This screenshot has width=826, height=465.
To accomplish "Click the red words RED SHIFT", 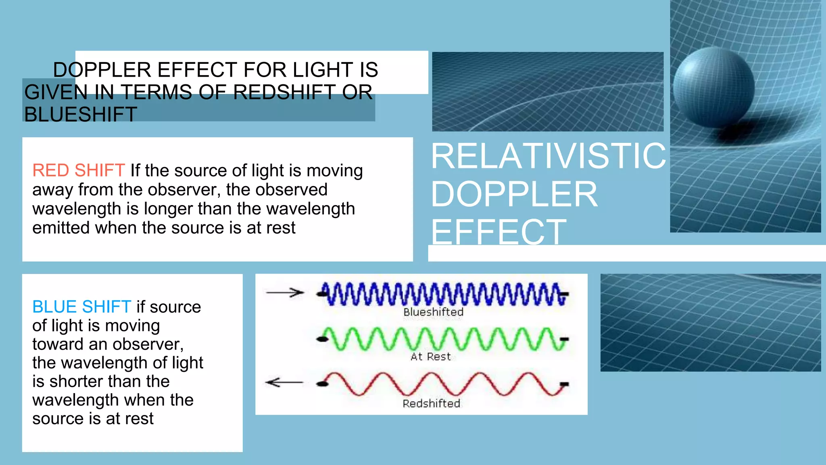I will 78,170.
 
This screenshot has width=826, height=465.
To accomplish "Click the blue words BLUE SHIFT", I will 81,307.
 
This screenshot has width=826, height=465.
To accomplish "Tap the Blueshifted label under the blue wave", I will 433,312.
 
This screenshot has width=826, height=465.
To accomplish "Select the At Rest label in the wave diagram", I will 430,357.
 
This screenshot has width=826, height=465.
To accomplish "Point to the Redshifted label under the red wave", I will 431,404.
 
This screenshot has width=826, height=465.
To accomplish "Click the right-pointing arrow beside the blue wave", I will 285,293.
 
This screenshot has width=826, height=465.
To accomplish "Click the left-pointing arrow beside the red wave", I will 284,382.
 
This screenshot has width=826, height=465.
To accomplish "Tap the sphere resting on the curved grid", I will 714,87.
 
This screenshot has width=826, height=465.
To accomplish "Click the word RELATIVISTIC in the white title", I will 548,156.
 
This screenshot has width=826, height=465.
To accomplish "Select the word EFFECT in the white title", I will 499,232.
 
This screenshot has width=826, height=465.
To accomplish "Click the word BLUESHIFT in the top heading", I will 81,115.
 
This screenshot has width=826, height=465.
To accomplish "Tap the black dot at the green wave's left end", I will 322,339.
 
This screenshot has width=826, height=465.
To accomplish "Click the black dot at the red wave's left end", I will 322,384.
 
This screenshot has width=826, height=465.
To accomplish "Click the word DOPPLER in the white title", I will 514,195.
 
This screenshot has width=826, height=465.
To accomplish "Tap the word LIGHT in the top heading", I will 323,70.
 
